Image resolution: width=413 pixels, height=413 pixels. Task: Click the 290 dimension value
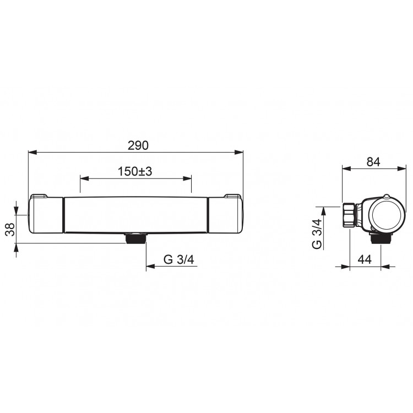click(x=138, y=145)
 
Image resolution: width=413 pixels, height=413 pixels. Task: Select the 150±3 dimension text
click(x=135, y=171)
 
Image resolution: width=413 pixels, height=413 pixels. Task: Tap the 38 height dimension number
click(x=10, y=230)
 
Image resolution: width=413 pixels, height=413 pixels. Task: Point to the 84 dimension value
click(x=373, y=162)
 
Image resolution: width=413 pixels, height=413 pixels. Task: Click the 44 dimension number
click(x=365, y=259)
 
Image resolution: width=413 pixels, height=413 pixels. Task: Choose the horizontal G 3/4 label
click(x=178, y=259)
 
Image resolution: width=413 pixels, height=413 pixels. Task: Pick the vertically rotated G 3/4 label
click(x=317, y=233)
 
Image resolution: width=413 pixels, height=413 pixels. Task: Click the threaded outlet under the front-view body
click(x=135, y=238)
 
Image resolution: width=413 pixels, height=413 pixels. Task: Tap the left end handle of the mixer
click(x=46, y=215)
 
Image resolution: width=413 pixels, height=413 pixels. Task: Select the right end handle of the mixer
click(x=225, y=215)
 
